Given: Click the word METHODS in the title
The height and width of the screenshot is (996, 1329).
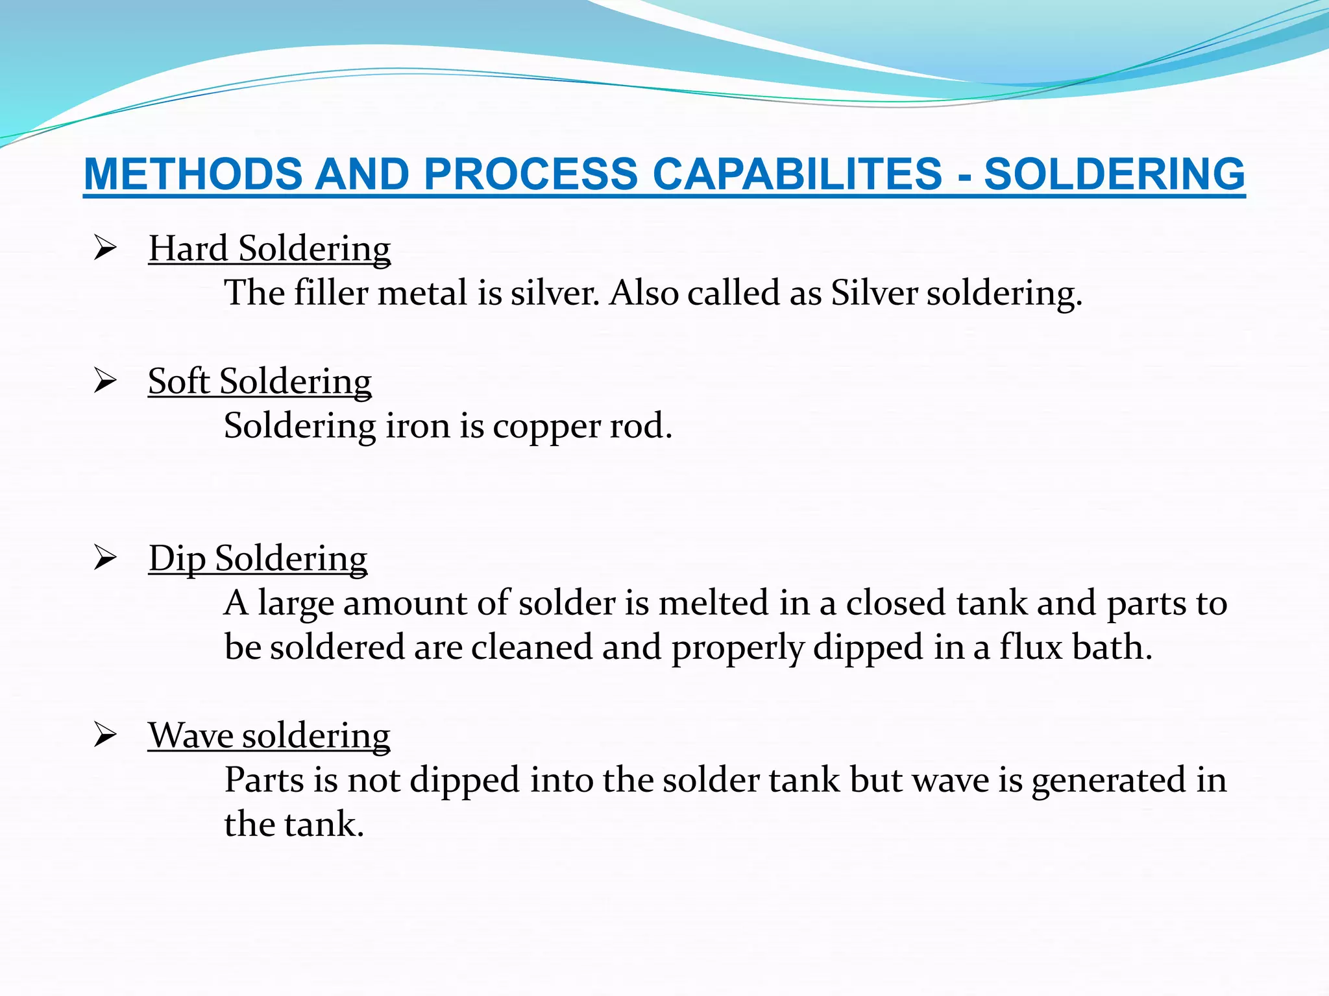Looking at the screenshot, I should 193,174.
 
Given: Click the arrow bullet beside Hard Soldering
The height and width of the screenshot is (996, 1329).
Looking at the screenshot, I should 104,248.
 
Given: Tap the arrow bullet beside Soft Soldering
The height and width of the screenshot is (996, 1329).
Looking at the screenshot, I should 104,381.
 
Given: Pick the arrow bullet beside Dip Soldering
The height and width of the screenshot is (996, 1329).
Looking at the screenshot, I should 104,558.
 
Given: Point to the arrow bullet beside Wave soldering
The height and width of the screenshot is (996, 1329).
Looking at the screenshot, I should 104,735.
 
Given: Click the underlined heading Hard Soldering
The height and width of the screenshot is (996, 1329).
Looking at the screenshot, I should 269,248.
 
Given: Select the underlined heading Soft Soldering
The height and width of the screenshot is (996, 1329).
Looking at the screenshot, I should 260,381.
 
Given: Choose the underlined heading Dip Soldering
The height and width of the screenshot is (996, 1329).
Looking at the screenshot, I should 258,558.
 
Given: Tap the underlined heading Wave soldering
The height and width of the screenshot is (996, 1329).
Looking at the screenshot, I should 269,735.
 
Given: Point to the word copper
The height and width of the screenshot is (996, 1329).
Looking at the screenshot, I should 546,426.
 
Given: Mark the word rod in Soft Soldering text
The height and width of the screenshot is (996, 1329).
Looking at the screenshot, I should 640,426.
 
